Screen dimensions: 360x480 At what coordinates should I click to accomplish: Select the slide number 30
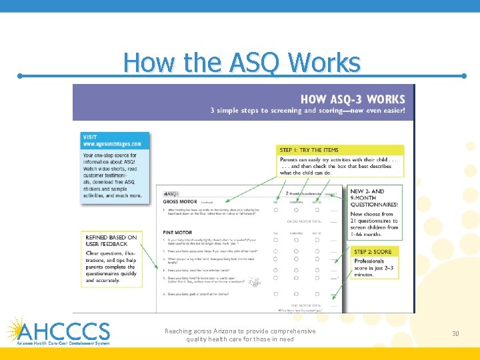coord(456,333)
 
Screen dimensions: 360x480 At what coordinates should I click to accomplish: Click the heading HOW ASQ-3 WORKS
coord(352,99)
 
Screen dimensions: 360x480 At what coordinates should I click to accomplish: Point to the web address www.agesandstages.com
coord(111,143)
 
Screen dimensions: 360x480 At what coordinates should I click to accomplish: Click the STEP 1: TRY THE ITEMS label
coord(309,150)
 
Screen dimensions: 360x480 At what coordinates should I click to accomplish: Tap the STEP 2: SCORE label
coord(373,252)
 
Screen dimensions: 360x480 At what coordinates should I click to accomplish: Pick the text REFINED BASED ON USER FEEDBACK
coord(111,241)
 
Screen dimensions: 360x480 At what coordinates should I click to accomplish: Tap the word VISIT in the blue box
coord(90,136)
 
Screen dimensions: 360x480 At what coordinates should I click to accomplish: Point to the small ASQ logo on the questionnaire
coord(171,193)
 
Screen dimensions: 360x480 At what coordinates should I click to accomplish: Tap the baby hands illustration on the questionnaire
coord(253,283)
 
